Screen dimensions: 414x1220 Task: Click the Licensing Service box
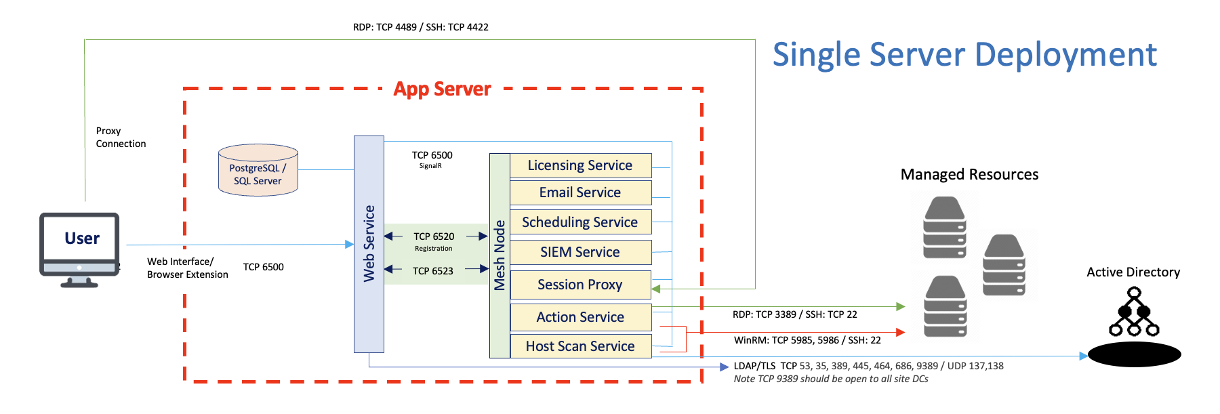pos(580,165)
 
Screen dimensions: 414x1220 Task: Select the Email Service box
pos(580,192)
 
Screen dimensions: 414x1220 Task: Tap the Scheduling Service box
pos(580,222)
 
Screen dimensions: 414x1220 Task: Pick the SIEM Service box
pos(580,252)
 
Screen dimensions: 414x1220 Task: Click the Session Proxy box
pos(580,285)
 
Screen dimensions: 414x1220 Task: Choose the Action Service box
pos(580,317)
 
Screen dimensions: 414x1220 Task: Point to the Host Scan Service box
pos(580,346)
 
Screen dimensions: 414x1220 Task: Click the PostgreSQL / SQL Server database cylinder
pos(258,171)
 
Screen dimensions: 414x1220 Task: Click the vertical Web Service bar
pos(369,244)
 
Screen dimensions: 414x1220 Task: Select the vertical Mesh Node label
pos(500,255)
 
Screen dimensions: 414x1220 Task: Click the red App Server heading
pos(442,89)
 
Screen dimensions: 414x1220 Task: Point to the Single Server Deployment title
pos(964,54)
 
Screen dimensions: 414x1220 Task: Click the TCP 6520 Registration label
pos(434,241)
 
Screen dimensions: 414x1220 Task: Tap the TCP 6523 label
pos(433,271)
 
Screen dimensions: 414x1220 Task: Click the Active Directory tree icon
pos(1134,312)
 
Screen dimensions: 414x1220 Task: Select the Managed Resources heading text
pos(969,175)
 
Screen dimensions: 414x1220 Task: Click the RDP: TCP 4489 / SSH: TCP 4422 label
pos(420,27)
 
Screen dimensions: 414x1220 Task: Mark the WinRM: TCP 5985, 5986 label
pos(807,340)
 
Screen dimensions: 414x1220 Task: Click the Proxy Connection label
pos(121,137)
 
